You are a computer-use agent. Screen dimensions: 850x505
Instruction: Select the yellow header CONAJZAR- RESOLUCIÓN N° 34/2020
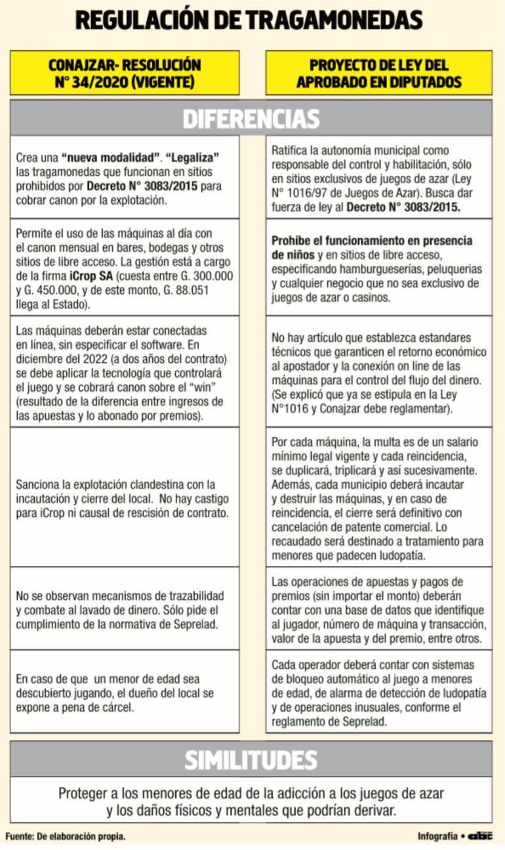click(125, 73)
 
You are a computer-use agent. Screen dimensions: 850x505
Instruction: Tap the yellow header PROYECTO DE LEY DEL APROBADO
click(378, 73)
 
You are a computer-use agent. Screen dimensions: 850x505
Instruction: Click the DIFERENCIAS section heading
click(251, 119)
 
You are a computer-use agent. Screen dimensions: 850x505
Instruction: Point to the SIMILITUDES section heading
click(251, 759)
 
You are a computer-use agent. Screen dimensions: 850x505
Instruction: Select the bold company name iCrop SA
click(92, 276)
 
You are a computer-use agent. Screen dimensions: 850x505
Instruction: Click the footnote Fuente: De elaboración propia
click(66, 836)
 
